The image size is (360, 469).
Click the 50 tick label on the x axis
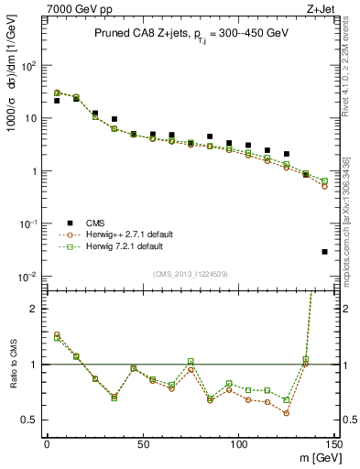click(x=142, y=444)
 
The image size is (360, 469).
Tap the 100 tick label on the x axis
click(x=238, y=444)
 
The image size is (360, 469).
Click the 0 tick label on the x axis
click(x=47, y=444)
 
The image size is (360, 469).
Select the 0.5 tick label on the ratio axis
click(x=29, y=420)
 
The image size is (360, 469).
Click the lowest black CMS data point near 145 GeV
click(x=324, y=252)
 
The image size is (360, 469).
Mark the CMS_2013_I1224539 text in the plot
click(x=191, y=272)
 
